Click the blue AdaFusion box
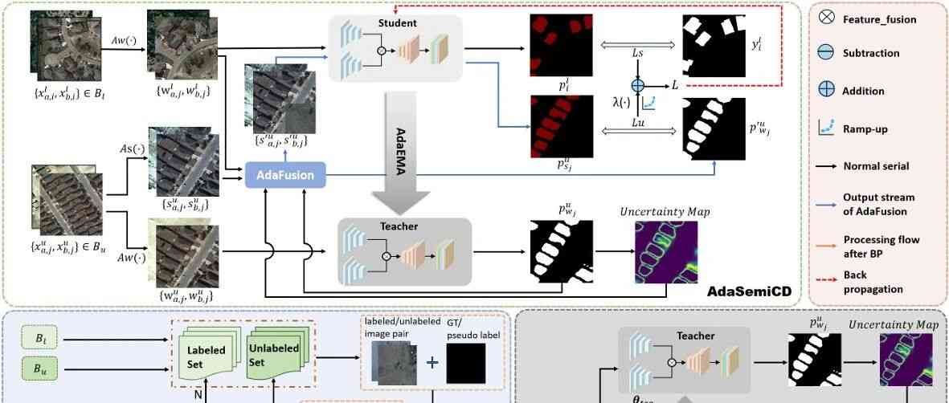284,173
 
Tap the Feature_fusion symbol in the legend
826,18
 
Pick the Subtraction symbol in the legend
826,53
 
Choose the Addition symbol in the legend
826,91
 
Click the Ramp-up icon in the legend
826,127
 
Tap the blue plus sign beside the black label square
432,362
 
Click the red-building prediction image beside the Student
559,44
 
